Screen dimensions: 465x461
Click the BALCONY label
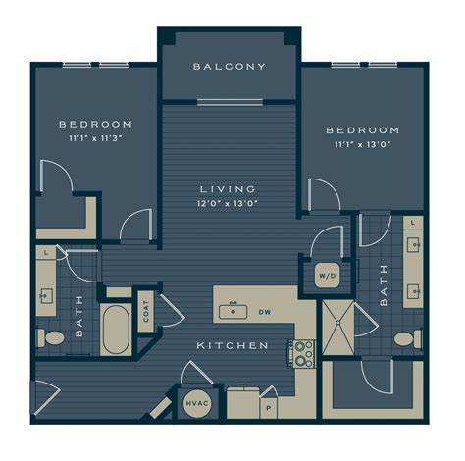pyautogui.click(x=230, y=67)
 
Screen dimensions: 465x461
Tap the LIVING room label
pyautogui.click(x=228, y=189)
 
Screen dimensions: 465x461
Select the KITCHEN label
pyautogui.click(x=232, y=345)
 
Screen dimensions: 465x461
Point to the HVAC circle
pyautogui.click(x=197, y=403)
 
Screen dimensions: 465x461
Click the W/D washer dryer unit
pyautogui.click(x=328, y=276)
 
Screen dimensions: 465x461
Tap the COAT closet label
pyautogui.click(x=146, y=311)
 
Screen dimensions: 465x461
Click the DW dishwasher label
pyautogui.click(x=265, y=312)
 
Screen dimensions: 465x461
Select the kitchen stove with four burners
pyautogui.click(x=301, y=354)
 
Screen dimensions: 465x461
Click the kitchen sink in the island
pyautogui.click(x=232, y=312)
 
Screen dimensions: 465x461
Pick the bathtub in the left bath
pyautogui.click(x=116, y=330)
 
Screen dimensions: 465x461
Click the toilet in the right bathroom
pyautogui.click(x=408, y=339)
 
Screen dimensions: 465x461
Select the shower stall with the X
pyautogui.click(x=338, y=328)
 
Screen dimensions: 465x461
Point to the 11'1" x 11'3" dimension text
pyautogui.click(x=95, y=138)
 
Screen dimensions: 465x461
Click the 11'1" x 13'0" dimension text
pyautogui.click(x=362, y=144)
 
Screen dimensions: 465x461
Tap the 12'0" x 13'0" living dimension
pyautogui.click(x=228, y=203)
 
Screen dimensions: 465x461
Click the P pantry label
pyautogui.click(x=269, y=408)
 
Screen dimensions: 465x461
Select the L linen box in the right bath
pyautogui.click(x=413, y=223)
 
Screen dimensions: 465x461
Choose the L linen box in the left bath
pyautogui.click(x=46, y=252)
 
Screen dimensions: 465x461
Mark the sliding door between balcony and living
pyautogui.click(x=231, y=102)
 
